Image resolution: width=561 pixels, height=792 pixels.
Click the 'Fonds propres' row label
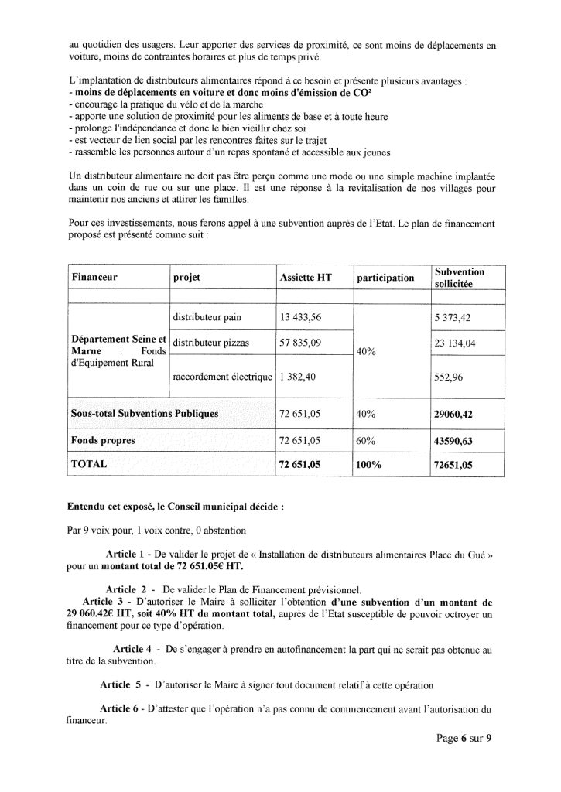pos(103,440)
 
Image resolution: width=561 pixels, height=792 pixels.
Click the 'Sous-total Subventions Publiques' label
pos(144,414)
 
